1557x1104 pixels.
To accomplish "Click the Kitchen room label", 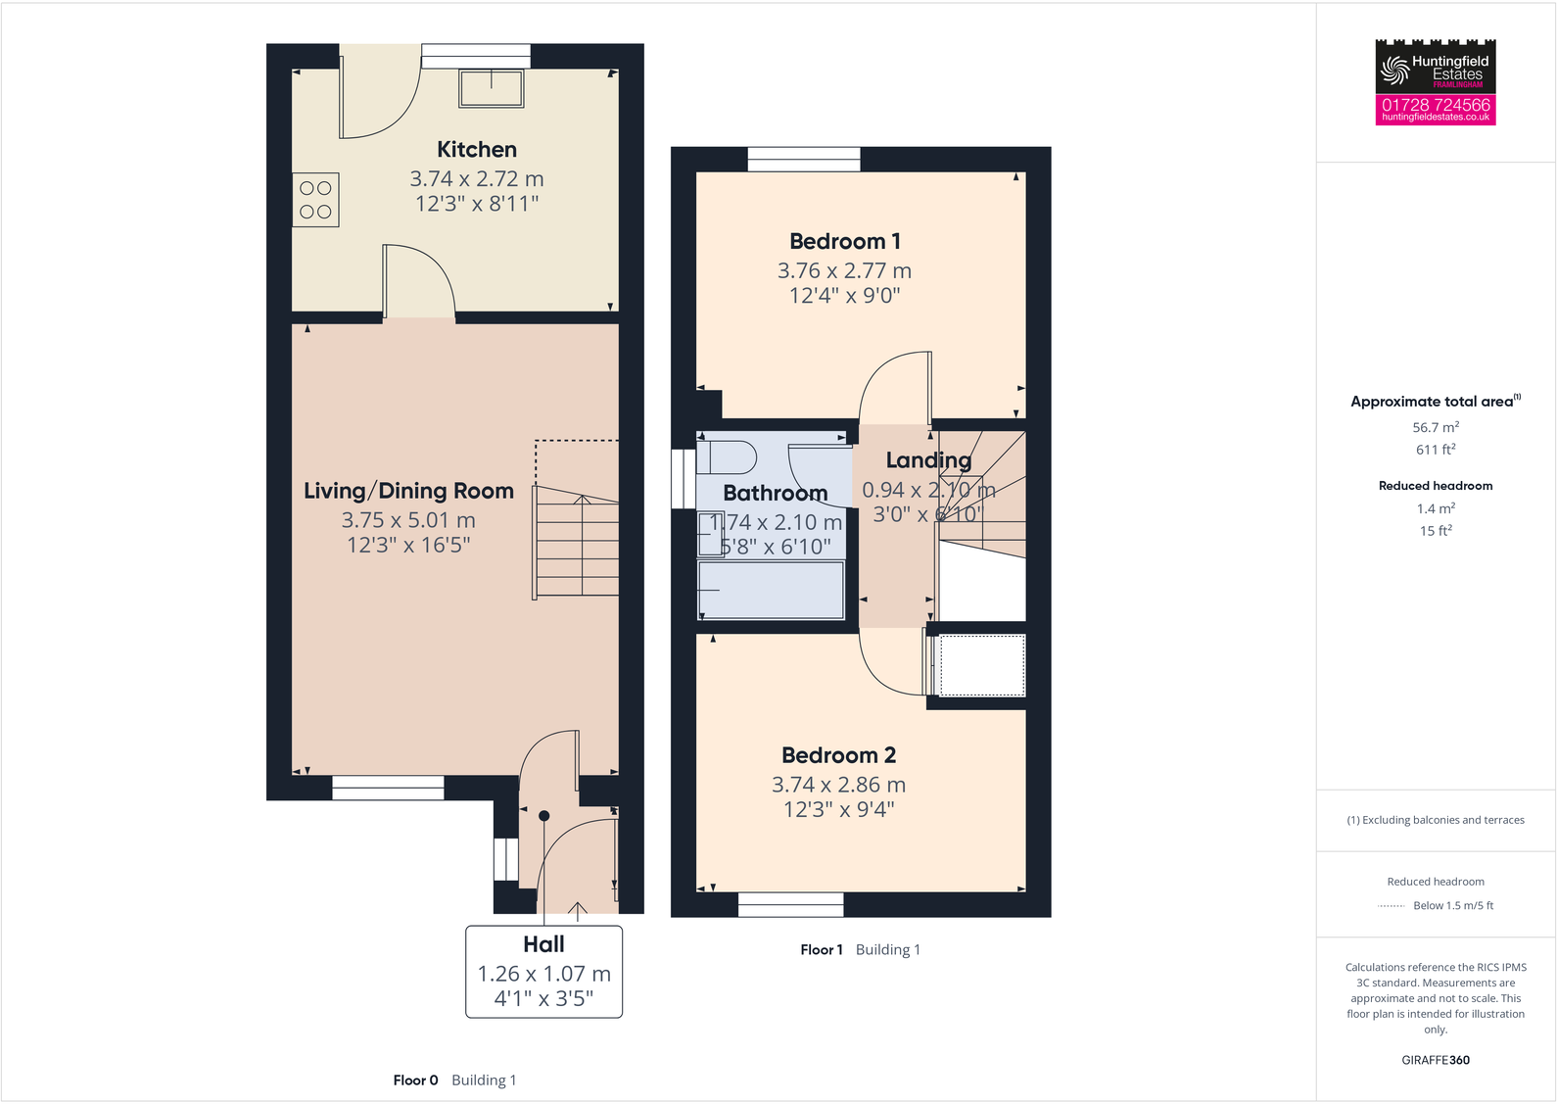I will pos(476,150).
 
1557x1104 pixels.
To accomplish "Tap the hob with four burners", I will pos(315,200).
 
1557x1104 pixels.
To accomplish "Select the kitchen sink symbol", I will pos(492,88).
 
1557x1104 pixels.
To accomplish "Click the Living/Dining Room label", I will pos(408,491).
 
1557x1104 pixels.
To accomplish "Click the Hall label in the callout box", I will pos(543,944).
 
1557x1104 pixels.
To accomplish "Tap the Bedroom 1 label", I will pos(844,241).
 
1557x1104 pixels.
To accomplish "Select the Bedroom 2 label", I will pos(838,755).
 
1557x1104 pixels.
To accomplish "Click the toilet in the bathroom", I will pos(726,457).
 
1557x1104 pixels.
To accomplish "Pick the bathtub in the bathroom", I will pos(771,590).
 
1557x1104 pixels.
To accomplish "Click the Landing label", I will pos(928,460).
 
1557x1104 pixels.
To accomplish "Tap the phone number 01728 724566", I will pos(1436,104).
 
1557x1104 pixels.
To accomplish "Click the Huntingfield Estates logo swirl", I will pos(1393,70).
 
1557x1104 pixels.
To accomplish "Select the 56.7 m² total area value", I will pos(1436,427).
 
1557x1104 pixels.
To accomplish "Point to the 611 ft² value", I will pos(1436,450).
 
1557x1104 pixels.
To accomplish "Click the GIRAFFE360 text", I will pos(1436,1060).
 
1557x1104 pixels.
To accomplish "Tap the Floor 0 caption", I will pos(415,1080).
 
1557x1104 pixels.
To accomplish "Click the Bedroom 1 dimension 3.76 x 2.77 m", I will pos(844,271).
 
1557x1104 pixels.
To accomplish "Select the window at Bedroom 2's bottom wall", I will pos(790,904).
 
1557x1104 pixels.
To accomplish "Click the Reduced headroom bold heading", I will pos(1436,486).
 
